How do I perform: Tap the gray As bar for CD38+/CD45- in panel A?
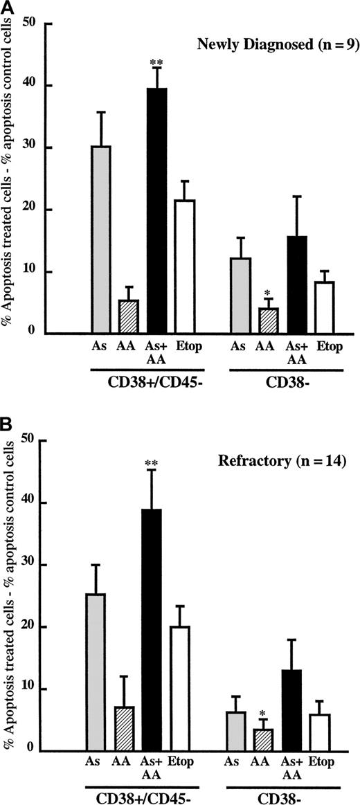[101, 239]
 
